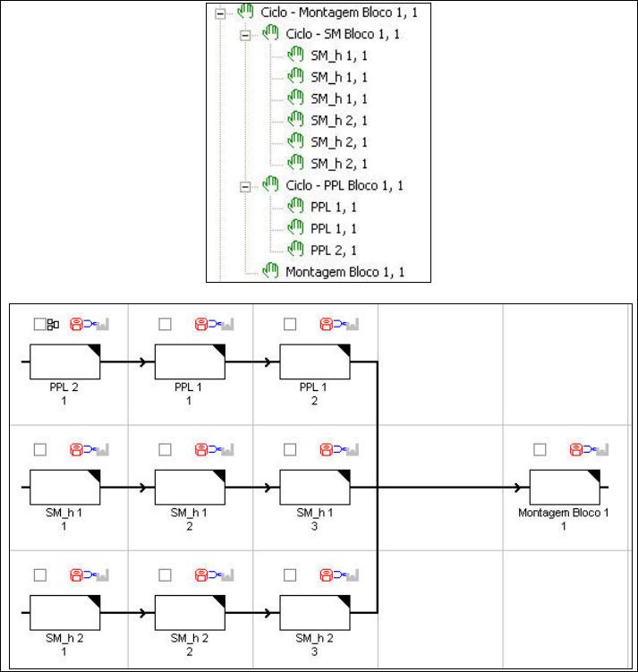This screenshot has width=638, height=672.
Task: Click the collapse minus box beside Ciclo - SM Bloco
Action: pyautogui.click(x=246, y=35)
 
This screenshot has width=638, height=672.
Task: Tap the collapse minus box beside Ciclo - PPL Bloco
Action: pyautogui.click(x=246, y=185)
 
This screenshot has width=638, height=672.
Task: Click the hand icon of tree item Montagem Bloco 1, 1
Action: pyautogui.click(x=270, y=271)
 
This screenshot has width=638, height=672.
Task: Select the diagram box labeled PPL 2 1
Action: pyautogui.click(x=65, y=362)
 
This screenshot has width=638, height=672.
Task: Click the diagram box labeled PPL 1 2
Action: pyautogui.click(x=315, y=362)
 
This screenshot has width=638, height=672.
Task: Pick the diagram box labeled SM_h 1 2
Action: pyautogui.click(x=190, y=488)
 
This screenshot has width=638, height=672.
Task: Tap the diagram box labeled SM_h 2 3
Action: pyautogui.click(x=315, y=614)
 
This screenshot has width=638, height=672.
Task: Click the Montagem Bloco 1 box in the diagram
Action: pyautogui.click(x=565, y=488)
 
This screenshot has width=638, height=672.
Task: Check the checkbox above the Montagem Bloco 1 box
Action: pyautogui.click(x=539, y=449)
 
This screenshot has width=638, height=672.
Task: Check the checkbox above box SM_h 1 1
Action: pyautogui.click(x=38, y=449)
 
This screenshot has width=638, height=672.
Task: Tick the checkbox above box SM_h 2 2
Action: pyautogui.click(x=164, y=574)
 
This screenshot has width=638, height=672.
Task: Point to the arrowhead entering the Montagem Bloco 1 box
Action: pyautogui.click(x=519, y=488)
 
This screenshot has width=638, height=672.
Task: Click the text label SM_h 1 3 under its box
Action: pyautogui.click(x=315, y=519)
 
